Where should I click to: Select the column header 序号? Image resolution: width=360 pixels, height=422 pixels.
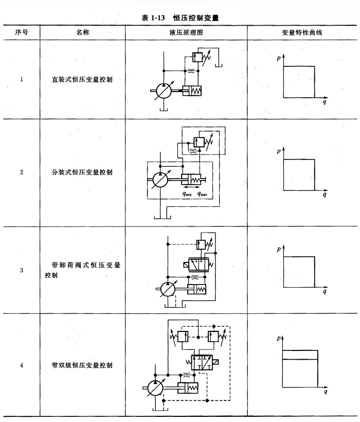tap(21, 32)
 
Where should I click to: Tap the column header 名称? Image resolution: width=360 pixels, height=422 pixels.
tap(83, 32)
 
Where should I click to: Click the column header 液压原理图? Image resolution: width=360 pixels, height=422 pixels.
tap(186, 32)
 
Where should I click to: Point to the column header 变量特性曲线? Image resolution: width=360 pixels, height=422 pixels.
tap(302, 32)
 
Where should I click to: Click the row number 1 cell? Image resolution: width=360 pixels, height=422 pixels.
tap(21, 79)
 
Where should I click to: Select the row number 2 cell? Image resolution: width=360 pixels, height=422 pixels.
tap(21, 172)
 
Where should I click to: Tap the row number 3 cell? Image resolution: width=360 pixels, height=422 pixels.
tap(21, 270)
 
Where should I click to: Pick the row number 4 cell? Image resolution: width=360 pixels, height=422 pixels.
tap(21, 365)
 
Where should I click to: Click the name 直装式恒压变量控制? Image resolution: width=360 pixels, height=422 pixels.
tap(83, 79)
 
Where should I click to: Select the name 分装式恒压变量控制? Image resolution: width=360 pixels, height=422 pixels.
tap(83, 172)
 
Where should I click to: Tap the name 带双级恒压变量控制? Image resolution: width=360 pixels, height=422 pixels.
tap(83, 365)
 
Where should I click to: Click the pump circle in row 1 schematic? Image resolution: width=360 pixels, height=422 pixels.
tap(163, 92)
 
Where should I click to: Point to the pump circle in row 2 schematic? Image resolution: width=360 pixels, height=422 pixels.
tap(161, 181)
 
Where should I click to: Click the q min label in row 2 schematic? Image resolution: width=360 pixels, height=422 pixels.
tap(188, 195)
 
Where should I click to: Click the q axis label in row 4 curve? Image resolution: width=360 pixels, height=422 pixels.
tap(325, 393)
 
